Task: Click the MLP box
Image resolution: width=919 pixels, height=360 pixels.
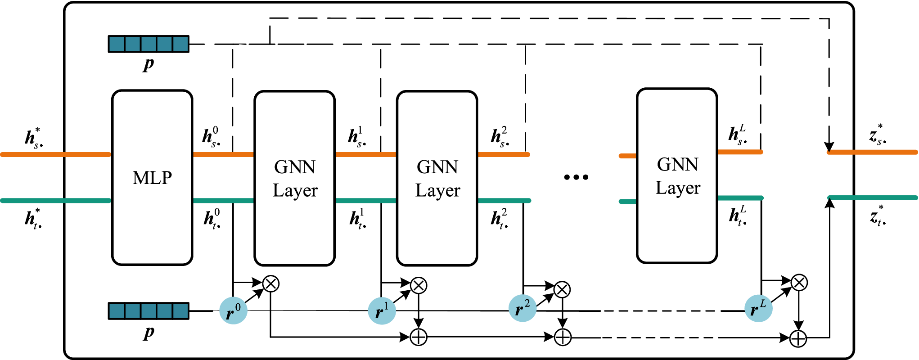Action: click(152, 178)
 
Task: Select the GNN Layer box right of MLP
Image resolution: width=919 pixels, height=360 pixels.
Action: click(294, 178)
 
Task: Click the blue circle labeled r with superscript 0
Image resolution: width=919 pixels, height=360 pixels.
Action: click(233, 310)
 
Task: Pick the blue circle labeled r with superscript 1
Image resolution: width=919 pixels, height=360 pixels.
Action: click(382, 310)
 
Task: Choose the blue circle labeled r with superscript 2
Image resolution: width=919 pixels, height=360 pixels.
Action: click(523, 308)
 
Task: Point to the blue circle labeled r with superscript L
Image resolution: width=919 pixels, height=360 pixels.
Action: click(758, 308)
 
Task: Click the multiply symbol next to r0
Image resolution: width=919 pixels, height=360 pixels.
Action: click(271, 283)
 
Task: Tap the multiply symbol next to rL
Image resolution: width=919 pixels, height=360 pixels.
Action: click(799, 283)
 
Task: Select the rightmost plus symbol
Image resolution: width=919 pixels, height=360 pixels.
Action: click(798, 338)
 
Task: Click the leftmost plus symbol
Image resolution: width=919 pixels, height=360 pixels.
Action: click(419, 337)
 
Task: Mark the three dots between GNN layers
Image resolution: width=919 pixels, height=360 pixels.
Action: click(576, 177)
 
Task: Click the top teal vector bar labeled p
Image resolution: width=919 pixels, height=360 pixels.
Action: click(149, 44)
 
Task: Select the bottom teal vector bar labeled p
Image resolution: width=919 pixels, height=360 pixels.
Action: click(149, 311)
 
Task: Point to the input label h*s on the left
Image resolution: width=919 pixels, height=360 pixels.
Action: click(34, 138)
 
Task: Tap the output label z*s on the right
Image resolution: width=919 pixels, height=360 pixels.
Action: click(878, 134)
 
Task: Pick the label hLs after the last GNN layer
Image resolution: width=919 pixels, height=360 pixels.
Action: click(737, 134)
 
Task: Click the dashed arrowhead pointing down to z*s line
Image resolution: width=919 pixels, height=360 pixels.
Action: click(829, 147)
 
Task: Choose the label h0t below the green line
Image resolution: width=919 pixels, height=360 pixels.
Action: click(212, 219)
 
